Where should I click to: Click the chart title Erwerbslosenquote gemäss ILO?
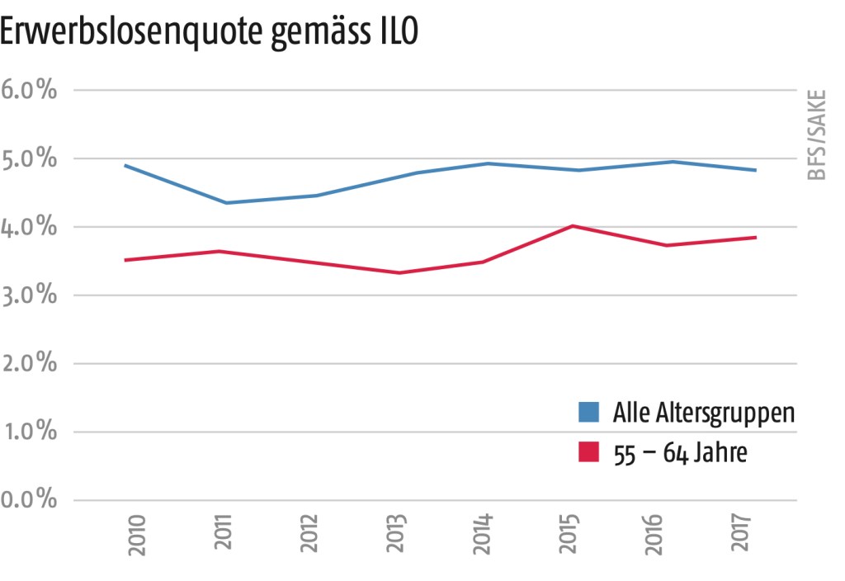[x=210, y=34]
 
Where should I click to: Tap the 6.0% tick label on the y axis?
[x=30, y=90]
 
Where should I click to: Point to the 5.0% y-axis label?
[x=30, y=158]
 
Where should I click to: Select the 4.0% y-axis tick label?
[x=30, y=227]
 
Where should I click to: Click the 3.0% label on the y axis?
[x=30, y=295]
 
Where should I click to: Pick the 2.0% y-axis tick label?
[x=30, y=364]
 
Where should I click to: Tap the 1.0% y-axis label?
[x=30, y=432]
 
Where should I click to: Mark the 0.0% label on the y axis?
[x=30, y=501]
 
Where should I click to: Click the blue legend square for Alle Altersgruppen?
[x=588, y=411]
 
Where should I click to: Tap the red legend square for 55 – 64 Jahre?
[x=588, y=453]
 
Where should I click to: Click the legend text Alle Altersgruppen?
[x=704, y=412]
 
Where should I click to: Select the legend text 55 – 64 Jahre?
[x=680, y=453]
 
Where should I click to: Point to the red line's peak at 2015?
[x=573, y=225]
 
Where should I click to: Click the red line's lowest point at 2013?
[x=399, y=272]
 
